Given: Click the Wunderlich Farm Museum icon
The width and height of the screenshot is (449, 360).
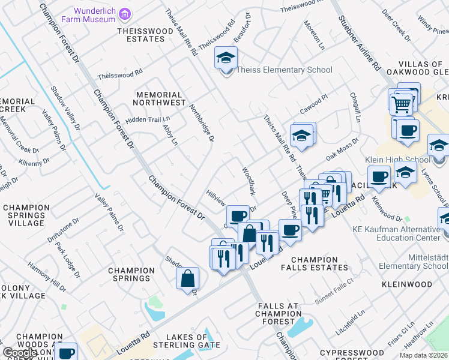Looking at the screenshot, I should coord(125,13).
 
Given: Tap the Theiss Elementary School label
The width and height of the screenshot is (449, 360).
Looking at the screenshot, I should coord(284,70).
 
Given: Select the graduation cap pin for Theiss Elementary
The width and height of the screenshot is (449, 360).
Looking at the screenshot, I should coord(226,59).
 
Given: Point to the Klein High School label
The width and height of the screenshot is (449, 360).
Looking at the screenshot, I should coord(397,160).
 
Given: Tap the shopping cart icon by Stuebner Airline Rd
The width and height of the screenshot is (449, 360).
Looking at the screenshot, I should coord(402,104).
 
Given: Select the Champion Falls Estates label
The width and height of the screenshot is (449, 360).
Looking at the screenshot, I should coord(310,263).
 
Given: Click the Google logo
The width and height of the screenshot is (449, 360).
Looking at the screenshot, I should coord(20,353).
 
